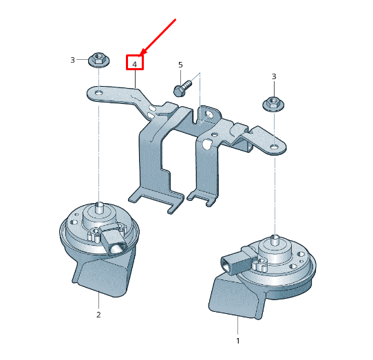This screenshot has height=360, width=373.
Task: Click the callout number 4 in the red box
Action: coord(135,65)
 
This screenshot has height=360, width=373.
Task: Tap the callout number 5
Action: coord(180,65)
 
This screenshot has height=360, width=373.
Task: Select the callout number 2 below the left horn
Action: coord(98,315)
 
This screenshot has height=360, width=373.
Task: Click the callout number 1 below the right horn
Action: coord(238,341)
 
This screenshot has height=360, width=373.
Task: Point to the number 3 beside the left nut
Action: coord(72,60)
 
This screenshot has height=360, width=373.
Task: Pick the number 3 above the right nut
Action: coord(274,76)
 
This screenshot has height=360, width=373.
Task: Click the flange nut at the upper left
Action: coord(98,60)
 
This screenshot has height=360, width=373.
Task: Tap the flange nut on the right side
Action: coord(273,104)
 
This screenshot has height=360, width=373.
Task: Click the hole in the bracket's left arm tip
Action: coord(98,92)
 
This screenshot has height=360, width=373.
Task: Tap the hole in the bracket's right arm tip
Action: coord(275,147)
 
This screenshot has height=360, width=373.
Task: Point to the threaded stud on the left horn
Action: coord(99,207)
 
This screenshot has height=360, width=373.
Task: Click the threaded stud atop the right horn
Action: coord(275,240)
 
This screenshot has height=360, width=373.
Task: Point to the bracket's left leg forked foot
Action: coord(156,199)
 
